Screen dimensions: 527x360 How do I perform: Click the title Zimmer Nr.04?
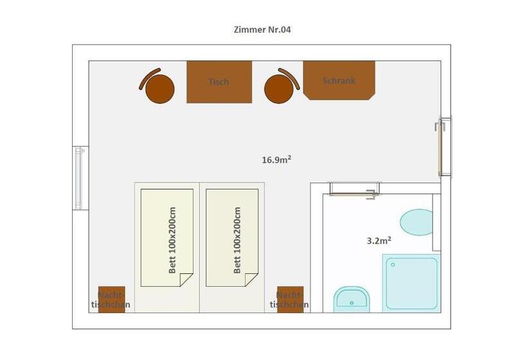click(x=262, y=30)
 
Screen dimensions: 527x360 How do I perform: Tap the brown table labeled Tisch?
click(x=219, y=82)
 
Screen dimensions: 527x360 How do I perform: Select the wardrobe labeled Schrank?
click(x=339, y=80)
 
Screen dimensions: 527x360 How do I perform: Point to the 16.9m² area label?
click(x=276, y=159)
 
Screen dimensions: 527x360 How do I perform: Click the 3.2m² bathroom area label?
click(x=379, y=240)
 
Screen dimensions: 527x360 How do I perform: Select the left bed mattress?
click(x=166, y=238)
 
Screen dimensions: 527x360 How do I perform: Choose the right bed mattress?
click(x=232, y=238)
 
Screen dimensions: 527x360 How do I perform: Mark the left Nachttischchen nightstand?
click(x=112, y=300)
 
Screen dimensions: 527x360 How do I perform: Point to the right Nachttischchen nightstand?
click(x=290, y=300)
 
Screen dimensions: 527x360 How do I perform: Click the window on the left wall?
click(x=79, y=178)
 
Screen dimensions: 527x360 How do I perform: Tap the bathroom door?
click(x=355, y=190)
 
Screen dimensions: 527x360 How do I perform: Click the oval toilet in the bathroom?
click(x=416, y=222)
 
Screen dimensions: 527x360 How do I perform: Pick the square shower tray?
click(x=411, y=283)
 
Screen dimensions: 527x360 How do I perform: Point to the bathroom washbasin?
click(x=352, y=299)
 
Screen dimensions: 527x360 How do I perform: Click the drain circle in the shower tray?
click(x=393, y=265)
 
